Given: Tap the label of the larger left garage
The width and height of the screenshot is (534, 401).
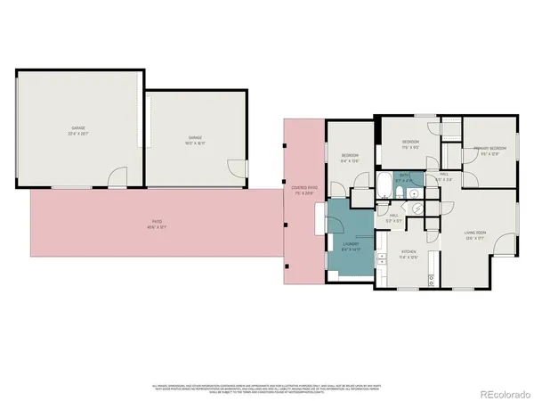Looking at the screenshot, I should [78, 129].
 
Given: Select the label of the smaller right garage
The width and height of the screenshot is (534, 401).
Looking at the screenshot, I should [194, 138].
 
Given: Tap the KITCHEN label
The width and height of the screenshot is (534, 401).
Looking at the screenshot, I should [409, 253].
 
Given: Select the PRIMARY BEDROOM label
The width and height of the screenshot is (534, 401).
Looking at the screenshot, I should [489, 149].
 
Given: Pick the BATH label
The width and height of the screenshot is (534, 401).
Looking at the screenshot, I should [404, 176].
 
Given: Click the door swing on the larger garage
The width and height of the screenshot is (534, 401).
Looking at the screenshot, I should [117, 181].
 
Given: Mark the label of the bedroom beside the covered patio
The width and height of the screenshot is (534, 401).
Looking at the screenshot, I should [349, 159].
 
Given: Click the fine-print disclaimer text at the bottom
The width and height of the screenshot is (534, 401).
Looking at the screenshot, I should [267, 387].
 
